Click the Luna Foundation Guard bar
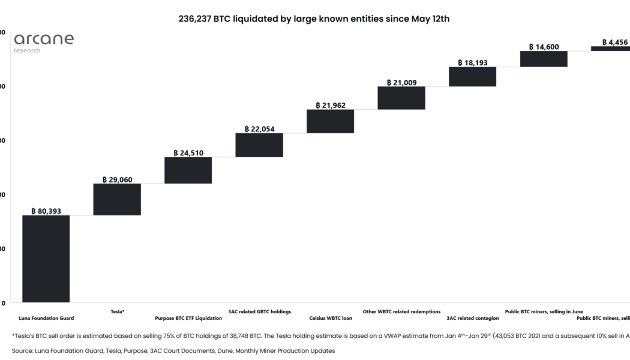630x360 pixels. coord(46,259)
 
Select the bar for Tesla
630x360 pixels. coord(117,199)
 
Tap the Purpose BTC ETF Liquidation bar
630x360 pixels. coord(188,170)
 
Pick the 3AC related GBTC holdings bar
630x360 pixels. coord(259,145)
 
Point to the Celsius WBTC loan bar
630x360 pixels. coord(330,121)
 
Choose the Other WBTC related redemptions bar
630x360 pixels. coord(401,98)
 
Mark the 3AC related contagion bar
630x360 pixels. coord(472,76)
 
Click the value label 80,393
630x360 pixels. coord(46,211)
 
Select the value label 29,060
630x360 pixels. coord(117,179)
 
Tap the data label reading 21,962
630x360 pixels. coord(330,106)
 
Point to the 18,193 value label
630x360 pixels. coord(472,62)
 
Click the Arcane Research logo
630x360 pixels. coord(43,42)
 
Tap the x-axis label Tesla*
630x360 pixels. coord(118,312)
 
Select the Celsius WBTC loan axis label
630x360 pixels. coord(331,318)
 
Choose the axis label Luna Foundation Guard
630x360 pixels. coord(46,318)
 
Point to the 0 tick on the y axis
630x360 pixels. coord(4,303)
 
